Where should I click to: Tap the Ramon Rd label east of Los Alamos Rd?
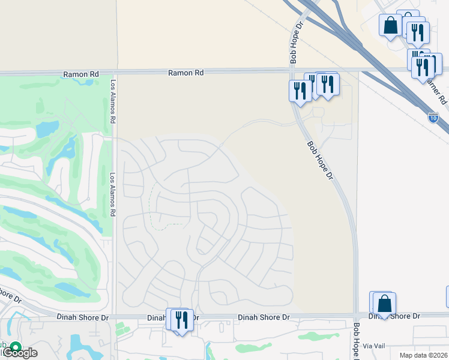185,73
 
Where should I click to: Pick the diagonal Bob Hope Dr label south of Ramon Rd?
320,161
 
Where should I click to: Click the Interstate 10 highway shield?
433,118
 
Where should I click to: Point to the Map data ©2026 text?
423,355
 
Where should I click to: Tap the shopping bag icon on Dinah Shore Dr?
384,304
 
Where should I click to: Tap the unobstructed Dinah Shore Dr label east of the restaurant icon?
264,317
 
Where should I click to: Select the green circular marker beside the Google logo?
14,346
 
